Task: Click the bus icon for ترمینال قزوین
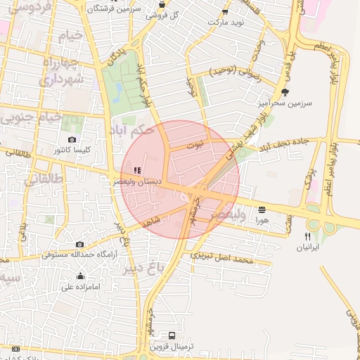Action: [172, 335]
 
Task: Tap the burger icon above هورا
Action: [262, 210]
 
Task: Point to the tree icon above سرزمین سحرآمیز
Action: [284, 91]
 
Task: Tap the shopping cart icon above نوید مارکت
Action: [224, 12]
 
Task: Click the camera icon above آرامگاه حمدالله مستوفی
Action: [79, 244]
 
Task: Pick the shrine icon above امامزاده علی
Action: [79, 276]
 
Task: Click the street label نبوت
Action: [194, 144]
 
